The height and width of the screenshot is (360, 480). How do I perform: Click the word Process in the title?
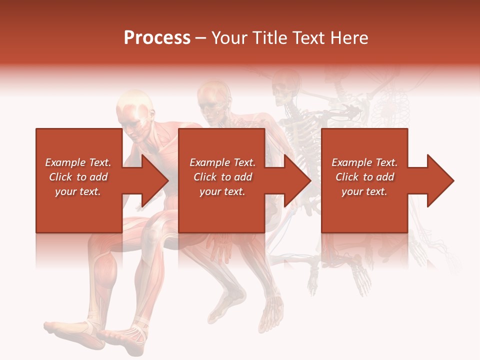coord(157,38)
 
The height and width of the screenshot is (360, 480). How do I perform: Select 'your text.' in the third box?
coord(364,191)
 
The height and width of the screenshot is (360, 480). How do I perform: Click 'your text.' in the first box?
coord(78,191)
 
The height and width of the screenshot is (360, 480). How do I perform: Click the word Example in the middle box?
coord(207,162)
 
